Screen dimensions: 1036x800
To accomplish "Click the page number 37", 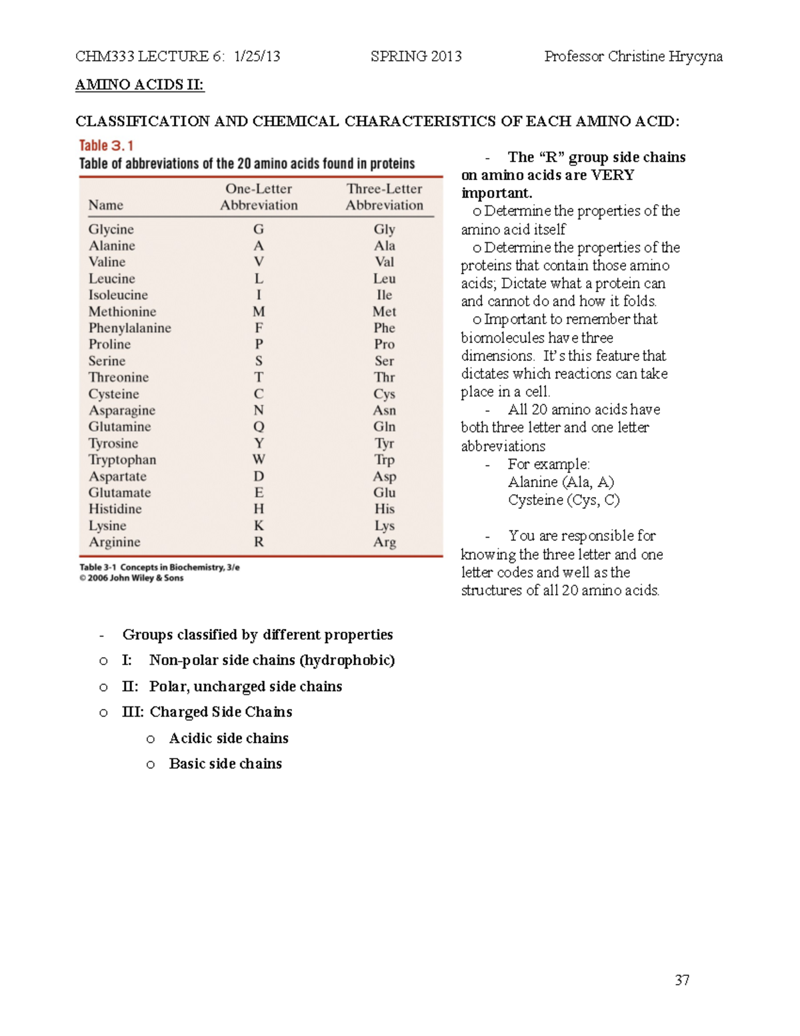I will pos(682,980).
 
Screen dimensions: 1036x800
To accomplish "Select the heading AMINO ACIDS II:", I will pos(139,85).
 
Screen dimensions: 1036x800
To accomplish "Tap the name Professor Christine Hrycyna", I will pos(633,56).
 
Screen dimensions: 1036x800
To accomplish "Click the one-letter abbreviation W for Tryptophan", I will pos(259,460).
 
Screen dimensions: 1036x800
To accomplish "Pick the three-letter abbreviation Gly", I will pos(384,229).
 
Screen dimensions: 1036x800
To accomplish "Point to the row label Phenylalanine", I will pos(130,328).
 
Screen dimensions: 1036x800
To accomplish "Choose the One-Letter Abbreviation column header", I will pos(259,197).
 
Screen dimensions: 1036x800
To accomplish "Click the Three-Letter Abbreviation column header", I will pos(384,197).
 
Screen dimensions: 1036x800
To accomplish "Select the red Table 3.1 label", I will pos(107,145).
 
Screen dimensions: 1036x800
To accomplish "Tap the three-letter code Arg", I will pos(384,542).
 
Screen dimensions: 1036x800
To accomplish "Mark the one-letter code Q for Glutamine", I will pos(259,427).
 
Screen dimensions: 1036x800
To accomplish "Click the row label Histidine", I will pos(115,509).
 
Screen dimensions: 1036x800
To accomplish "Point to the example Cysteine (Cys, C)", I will pos(563,500).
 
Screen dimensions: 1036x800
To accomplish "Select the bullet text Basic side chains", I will pos(225,764).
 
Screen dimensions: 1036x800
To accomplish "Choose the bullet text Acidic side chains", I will pos(229,738).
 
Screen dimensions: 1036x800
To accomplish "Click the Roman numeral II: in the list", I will pos(130,686).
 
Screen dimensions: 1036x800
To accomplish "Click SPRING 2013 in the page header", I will pos(416,56).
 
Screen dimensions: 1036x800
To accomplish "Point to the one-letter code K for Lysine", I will pos(259,526).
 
